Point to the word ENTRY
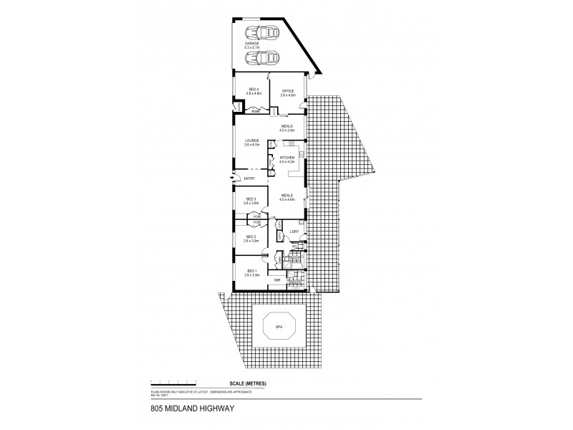coord(250,178)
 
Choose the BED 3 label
coord(251,201)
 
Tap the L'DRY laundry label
coord(294,231)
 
